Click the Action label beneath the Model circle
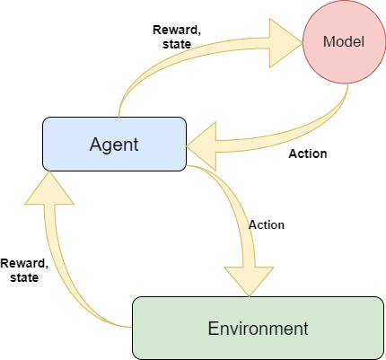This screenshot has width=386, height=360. [x=307, y=154]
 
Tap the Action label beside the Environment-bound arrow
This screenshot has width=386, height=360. [x=266, y=224]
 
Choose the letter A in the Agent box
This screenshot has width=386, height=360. [x=93, y=144]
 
